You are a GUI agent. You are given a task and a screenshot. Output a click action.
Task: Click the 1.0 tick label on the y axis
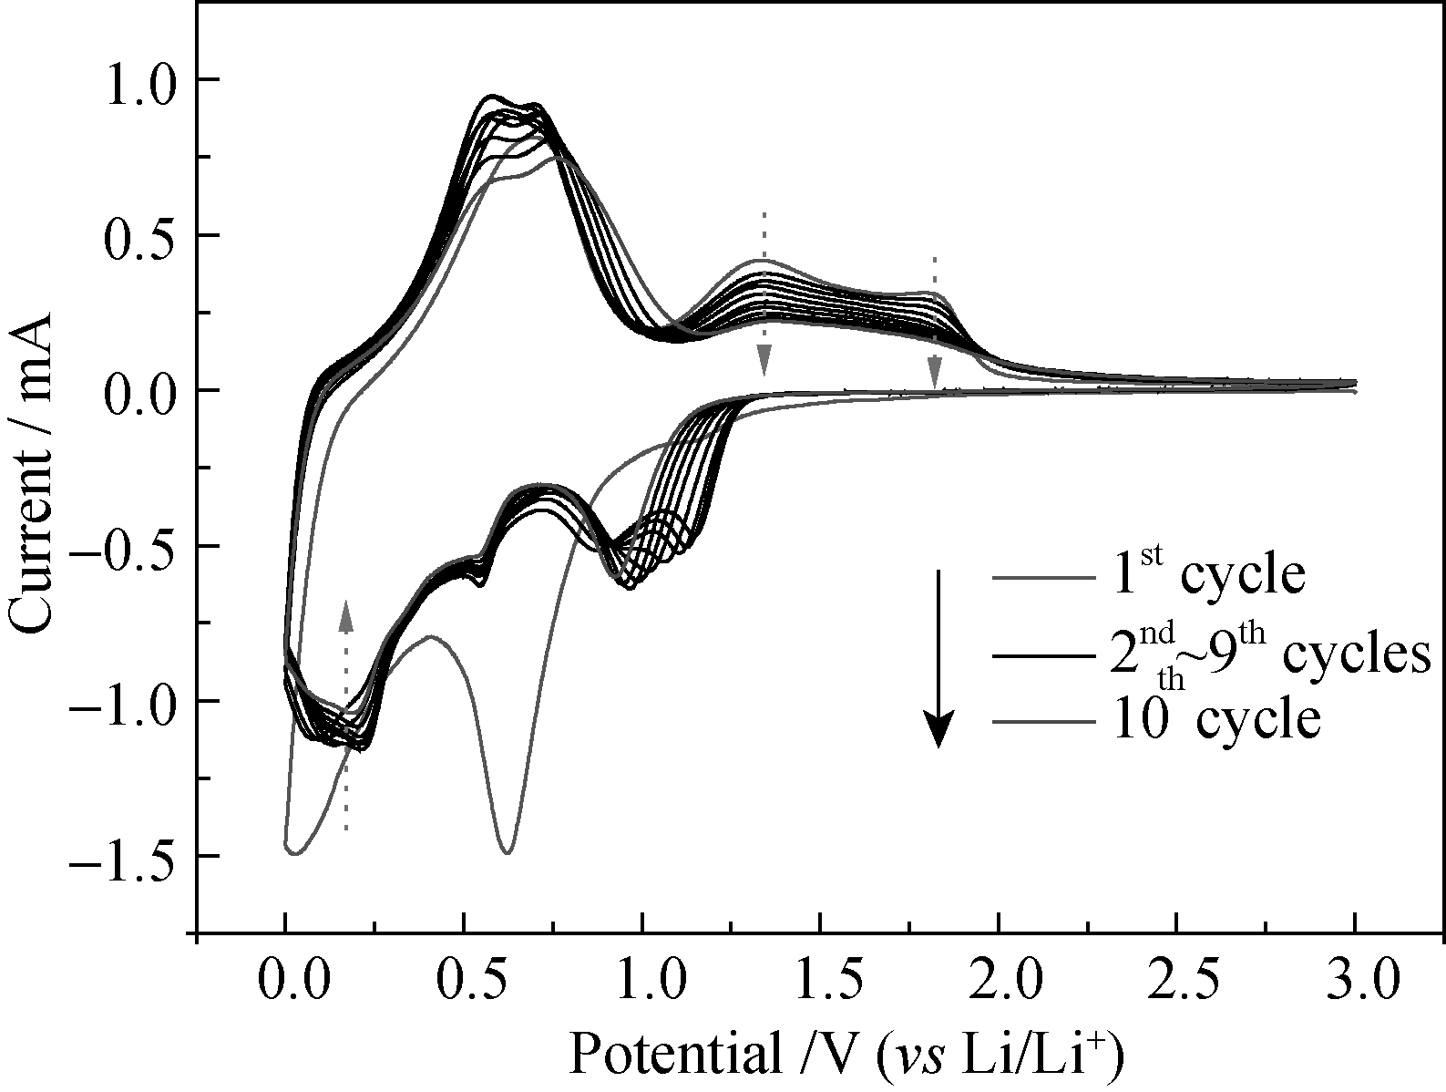tap(141, 80)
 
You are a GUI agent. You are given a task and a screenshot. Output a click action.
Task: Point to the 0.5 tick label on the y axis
tap(141, 235)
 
